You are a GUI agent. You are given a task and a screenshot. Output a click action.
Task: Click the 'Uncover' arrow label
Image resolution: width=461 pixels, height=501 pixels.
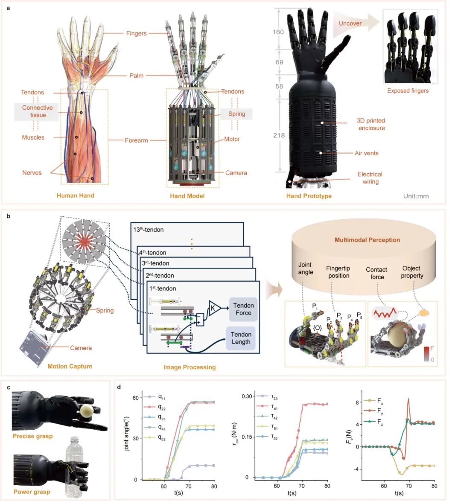pyautogui.click(x=350, y=23)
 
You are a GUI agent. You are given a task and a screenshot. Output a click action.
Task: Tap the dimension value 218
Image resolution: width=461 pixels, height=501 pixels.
pyautogui.click(x=279, y=135)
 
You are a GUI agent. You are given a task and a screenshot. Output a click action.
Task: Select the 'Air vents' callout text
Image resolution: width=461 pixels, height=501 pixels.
pyautogui.click(x=366, y=153)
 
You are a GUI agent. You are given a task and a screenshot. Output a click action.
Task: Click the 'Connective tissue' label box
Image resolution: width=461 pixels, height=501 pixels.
pyautogui.click(x=38, y=111)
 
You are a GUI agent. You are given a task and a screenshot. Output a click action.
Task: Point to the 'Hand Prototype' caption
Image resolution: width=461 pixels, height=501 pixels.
pyautogui.click(x=309, y=196)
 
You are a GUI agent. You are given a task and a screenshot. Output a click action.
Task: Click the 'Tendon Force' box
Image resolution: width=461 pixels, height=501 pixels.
pyautogui.click(x=243, y=309)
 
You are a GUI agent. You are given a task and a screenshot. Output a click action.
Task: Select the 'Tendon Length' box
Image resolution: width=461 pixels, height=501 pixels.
pyautogui.click(x=241, y=338)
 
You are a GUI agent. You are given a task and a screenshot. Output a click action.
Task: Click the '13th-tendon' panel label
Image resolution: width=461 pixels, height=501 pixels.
pyautogui.click(x=148, y=230)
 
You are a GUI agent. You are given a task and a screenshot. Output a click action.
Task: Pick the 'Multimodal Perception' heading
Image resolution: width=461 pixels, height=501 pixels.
pyautogui.click(x=367, y=240)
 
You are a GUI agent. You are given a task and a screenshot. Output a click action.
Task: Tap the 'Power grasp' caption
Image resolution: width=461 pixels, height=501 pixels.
pyautogui.click(x=32, y=492)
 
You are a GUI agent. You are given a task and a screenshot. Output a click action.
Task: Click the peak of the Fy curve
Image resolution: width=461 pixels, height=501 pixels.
pyautogui.click(x=408, y=399)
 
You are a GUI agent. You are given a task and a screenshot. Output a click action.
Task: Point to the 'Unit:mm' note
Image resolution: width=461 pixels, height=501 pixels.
pyautogui.click(x=416, y=196)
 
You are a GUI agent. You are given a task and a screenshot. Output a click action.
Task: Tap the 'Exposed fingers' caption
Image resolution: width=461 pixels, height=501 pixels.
pyautogui.click(x=408, y=90)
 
